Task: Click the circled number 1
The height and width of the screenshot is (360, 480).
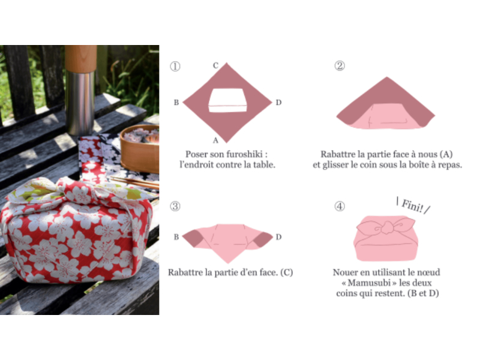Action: pyautogui.click(x=175, y=66)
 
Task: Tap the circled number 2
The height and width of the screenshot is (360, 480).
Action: pyautogui.click(x=340, y=65)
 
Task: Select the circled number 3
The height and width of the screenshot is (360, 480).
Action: pyautogui.click(x=175, y=206)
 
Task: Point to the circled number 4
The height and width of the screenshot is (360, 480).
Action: pyautogui.click(x=340, y=206)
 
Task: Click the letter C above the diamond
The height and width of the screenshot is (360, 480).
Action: pyautogui.click(x=216, y=65)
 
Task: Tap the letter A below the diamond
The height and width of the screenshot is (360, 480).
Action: pyautogui.click(x=216, y=140)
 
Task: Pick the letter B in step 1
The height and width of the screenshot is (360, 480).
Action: pyautogui.click(x=176, y=103)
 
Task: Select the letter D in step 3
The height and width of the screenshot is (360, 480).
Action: pyautogui.click(x=278, y=237)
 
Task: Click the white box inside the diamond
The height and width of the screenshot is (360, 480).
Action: pyautogui.click(x=228, y=100)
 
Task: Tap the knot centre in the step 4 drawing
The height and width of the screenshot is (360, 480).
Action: pyautogui.click(x=387, y=227)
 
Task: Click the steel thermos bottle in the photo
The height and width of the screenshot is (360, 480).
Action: pyautogui.click(x=81, y=91)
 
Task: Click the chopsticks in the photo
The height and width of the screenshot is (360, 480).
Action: pyautogui.click(x=134, y=182)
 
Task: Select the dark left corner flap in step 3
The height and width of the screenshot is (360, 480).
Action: pyautogui.click(x=191, y=237)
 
